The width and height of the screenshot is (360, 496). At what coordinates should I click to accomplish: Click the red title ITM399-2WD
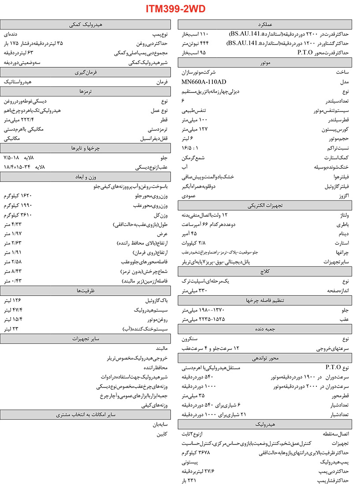(176, 8)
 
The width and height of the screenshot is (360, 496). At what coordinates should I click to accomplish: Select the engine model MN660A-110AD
(204, 82)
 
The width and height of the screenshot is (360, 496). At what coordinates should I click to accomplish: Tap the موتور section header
(265, 63)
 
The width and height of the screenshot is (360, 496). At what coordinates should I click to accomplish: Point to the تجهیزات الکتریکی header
(265, 205)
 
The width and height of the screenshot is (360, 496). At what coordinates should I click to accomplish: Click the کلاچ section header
(265, 271)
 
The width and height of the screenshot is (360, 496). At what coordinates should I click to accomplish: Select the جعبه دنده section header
(265, 329)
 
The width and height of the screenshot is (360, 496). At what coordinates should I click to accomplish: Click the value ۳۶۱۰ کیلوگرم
(18, 215)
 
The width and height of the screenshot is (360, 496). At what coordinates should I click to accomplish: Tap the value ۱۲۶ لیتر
(13, 300)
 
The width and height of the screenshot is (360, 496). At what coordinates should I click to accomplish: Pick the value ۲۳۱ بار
(190, 481)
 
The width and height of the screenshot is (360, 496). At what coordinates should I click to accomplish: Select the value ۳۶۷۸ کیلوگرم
(199, 452)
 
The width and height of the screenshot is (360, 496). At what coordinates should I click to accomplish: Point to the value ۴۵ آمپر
(191, 233)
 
